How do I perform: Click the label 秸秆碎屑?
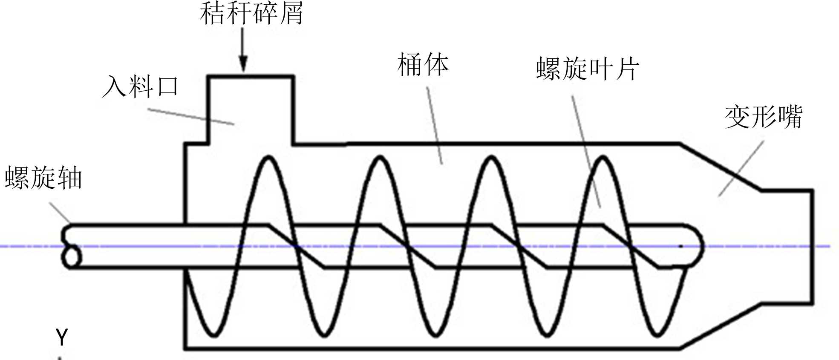pos(251,13)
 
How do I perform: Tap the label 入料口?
pos(141,86)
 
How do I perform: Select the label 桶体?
pos(423,65)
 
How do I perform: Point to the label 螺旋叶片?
pos(587,69)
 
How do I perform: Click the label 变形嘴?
pos(763,117)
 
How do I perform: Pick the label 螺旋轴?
pos(43,178)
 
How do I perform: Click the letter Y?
pos(62,337)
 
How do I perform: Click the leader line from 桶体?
pos(435,126)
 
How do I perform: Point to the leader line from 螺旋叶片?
pos(586,151)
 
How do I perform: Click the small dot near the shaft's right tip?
pos(680,246)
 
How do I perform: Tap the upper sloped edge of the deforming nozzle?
pos(720,167)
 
